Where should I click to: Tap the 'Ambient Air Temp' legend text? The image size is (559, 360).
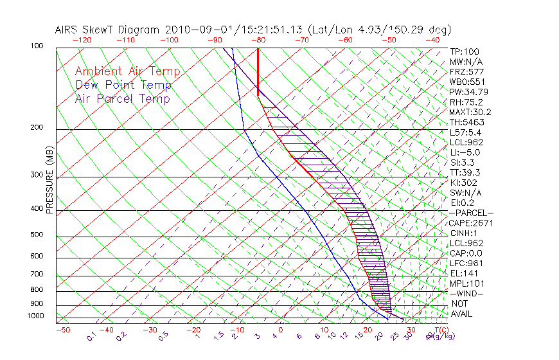[127, 71]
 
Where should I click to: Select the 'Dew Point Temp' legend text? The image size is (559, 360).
[123, 85]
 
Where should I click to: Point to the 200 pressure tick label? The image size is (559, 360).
[37, 128]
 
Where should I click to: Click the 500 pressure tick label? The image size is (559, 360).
[37, 235]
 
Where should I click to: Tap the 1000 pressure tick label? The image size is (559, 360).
[35, 316]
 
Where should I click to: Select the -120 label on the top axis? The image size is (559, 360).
[81, 40]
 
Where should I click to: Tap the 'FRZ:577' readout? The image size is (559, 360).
[466, 71]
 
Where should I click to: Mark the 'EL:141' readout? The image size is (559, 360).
[463, 273]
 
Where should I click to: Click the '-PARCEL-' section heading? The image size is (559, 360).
[472, 213]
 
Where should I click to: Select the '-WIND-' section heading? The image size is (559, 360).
[467, 293]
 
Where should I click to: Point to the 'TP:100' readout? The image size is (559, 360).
[465, 51]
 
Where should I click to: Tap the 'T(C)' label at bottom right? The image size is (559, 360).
[442, 330]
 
